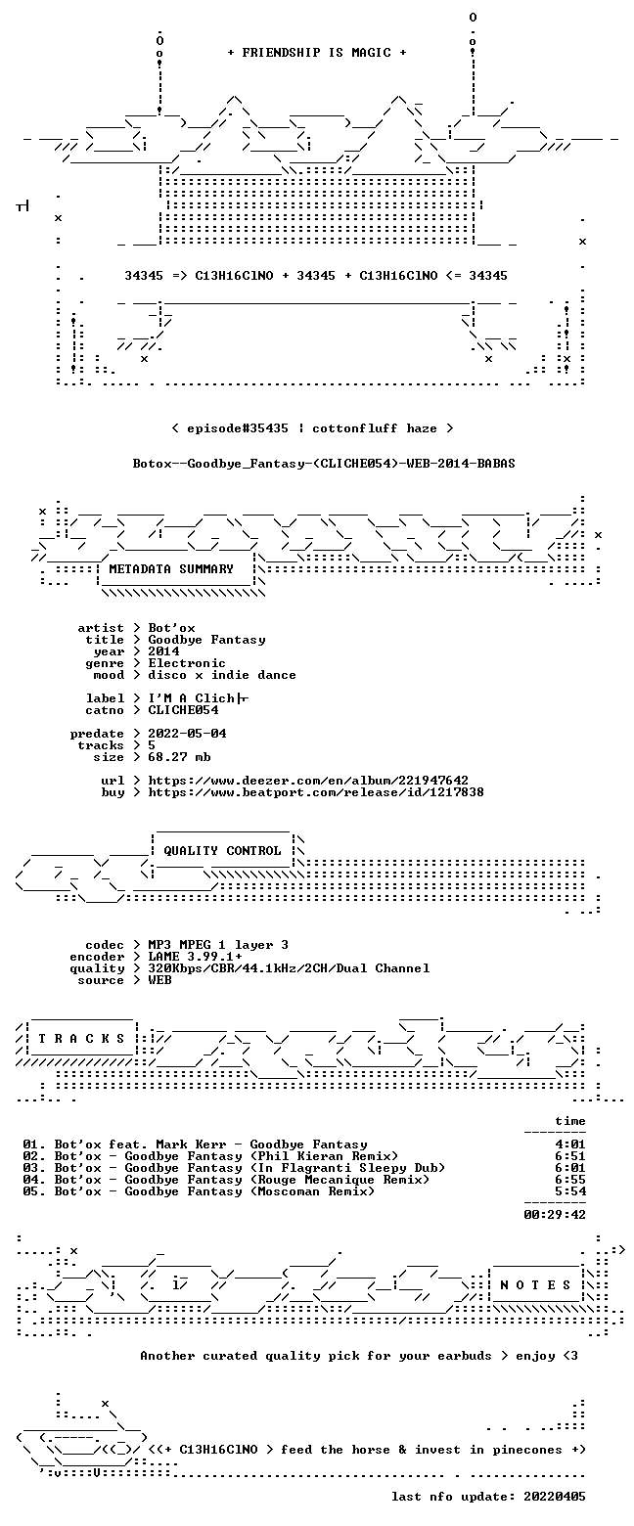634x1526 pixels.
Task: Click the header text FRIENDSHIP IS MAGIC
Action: coord(317,53)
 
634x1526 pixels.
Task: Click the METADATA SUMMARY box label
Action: coord(170,569)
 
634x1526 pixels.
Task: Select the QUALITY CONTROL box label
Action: coord(222,851)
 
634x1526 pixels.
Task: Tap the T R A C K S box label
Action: coord(82,1038)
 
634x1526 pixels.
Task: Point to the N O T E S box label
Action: coord(535,1284)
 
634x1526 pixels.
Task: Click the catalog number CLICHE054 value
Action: coord(183,710)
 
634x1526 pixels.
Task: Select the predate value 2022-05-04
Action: coord(188,734)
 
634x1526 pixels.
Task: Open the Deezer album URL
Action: coord(308,781)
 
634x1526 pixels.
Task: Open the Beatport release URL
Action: coord(316,792)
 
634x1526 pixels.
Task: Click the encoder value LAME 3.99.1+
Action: coord(195,957)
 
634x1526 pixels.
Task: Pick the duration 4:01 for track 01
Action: coord(570,1144)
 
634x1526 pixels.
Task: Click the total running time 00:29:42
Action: coord(554,1215)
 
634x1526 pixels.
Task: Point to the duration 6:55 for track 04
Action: coord(570,1180)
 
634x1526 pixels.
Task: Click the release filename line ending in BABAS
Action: coord(324,464)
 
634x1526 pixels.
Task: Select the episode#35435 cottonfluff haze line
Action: coord(312,428)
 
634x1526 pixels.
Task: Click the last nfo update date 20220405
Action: coord(554,1497)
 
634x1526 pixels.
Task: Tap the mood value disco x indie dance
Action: coord(222,675)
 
